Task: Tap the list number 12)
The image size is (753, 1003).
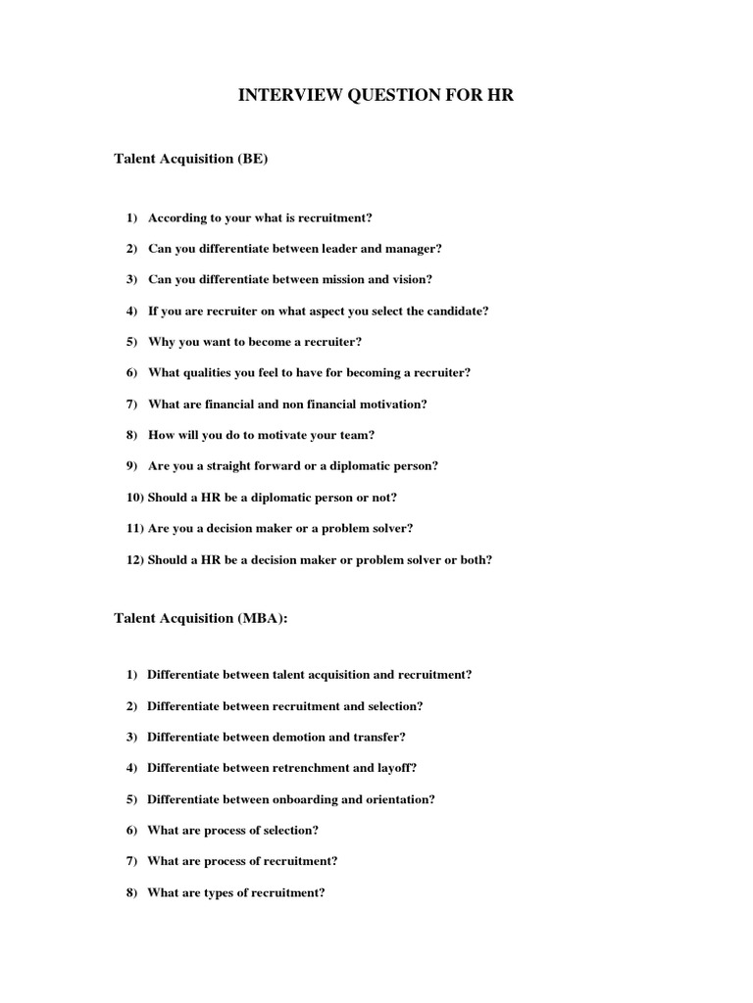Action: coord(135,559)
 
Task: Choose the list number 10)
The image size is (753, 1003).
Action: coord(135,498)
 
